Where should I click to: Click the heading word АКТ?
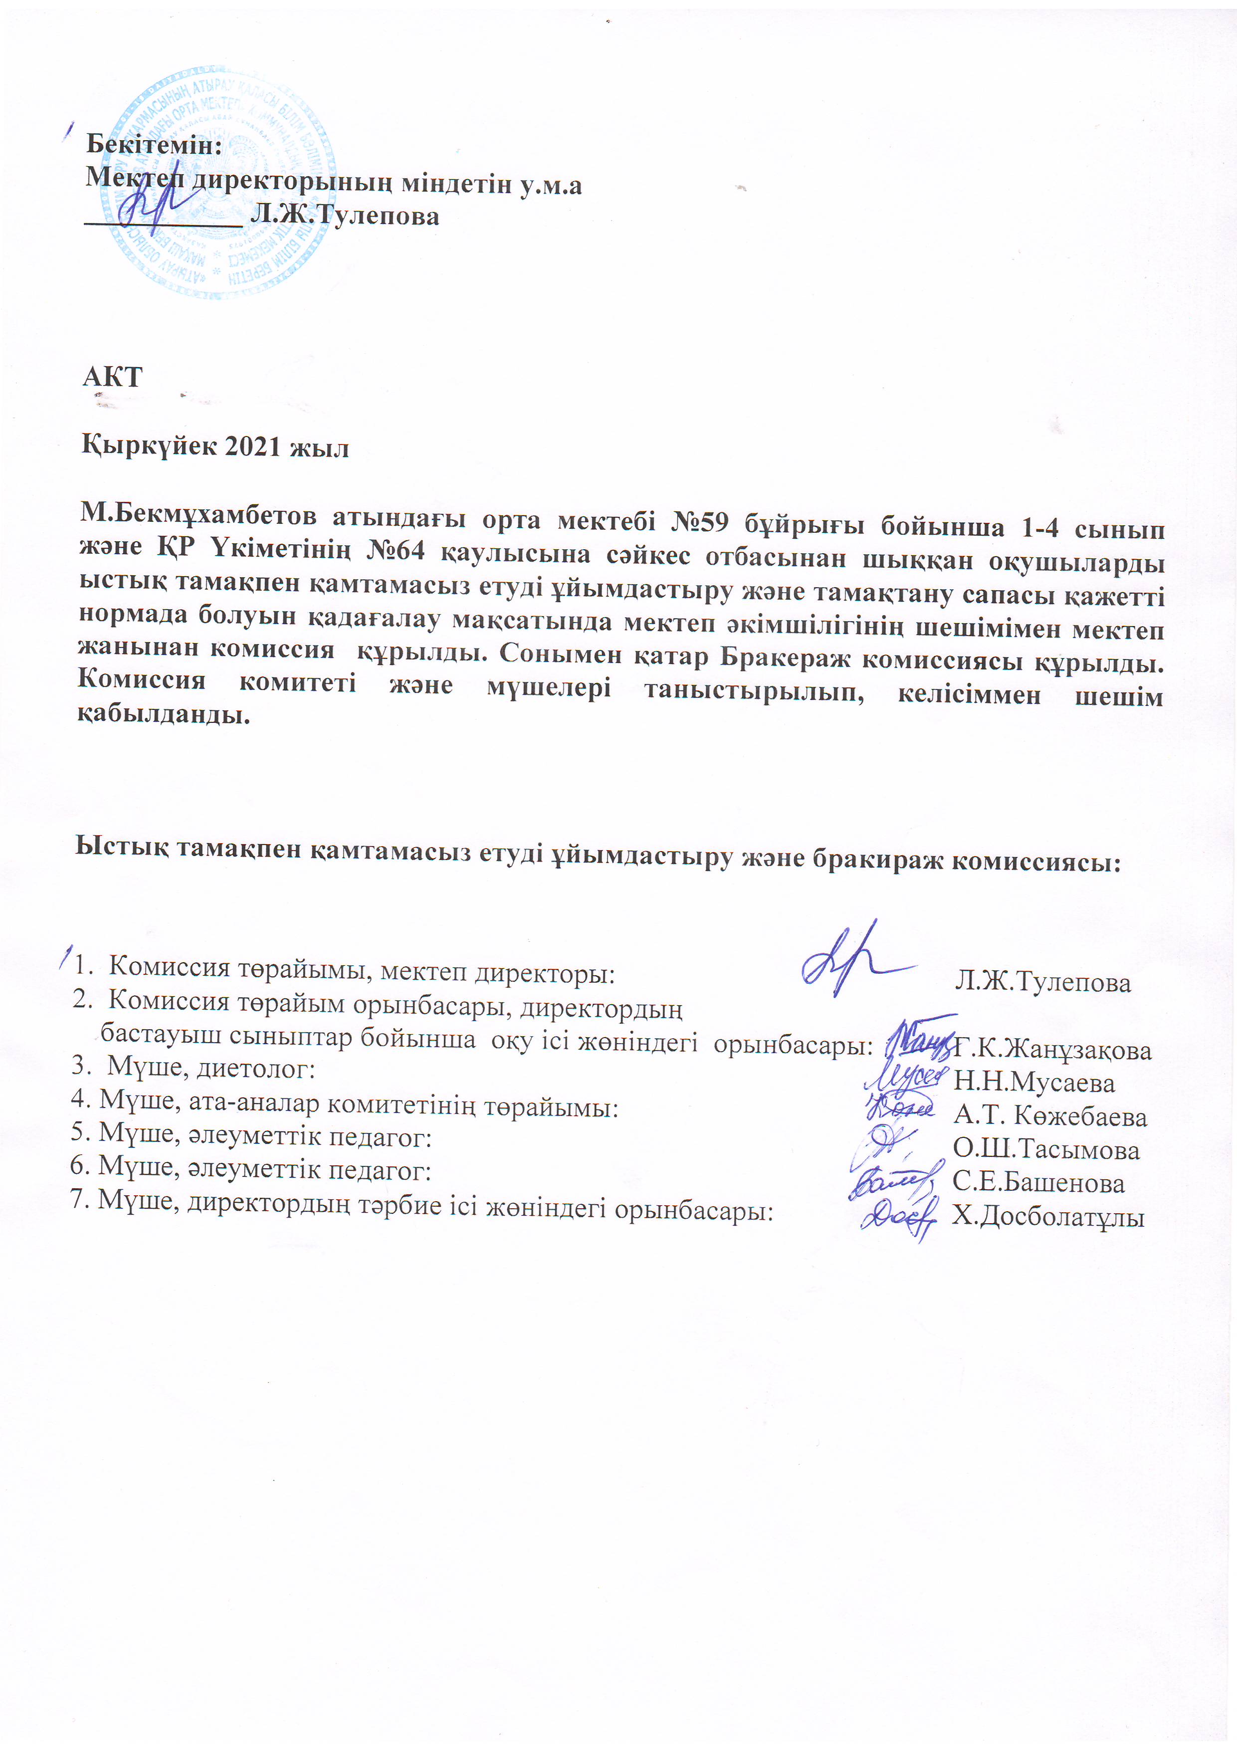pos(112,377)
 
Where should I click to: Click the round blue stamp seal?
pos(219,184)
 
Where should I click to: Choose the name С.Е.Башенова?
pos(1038,1182)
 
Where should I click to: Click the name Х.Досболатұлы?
pos(1048,1216)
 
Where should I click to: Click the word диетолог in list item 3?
pos(255,1068)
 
